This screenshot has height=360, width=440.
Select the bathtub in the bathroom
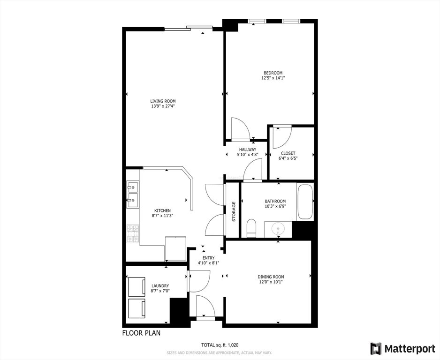(305, 201)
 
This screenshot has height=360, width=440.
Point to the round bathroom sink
(278, 229)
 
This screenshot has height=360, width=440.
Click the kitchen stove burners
(133, 234)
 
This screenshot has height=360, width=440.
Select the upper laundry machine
(137, 286)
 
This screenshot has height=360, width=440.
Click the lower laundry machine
(137, 308)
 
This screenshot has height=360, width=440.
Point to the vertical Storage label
(234, 212)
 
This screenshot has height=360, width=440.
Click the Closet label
(288, 153)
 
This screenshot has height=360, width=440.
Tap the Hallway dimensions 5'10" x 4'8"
(248, 155)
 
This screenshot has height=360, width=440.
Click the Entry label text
(208, 258)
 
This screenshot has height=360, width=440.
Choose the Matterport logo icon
(376, 348)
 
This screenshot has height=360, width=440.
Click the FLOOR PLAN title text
(142, 333)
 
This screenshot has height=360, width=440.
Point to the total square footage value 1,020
(233, 345)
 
